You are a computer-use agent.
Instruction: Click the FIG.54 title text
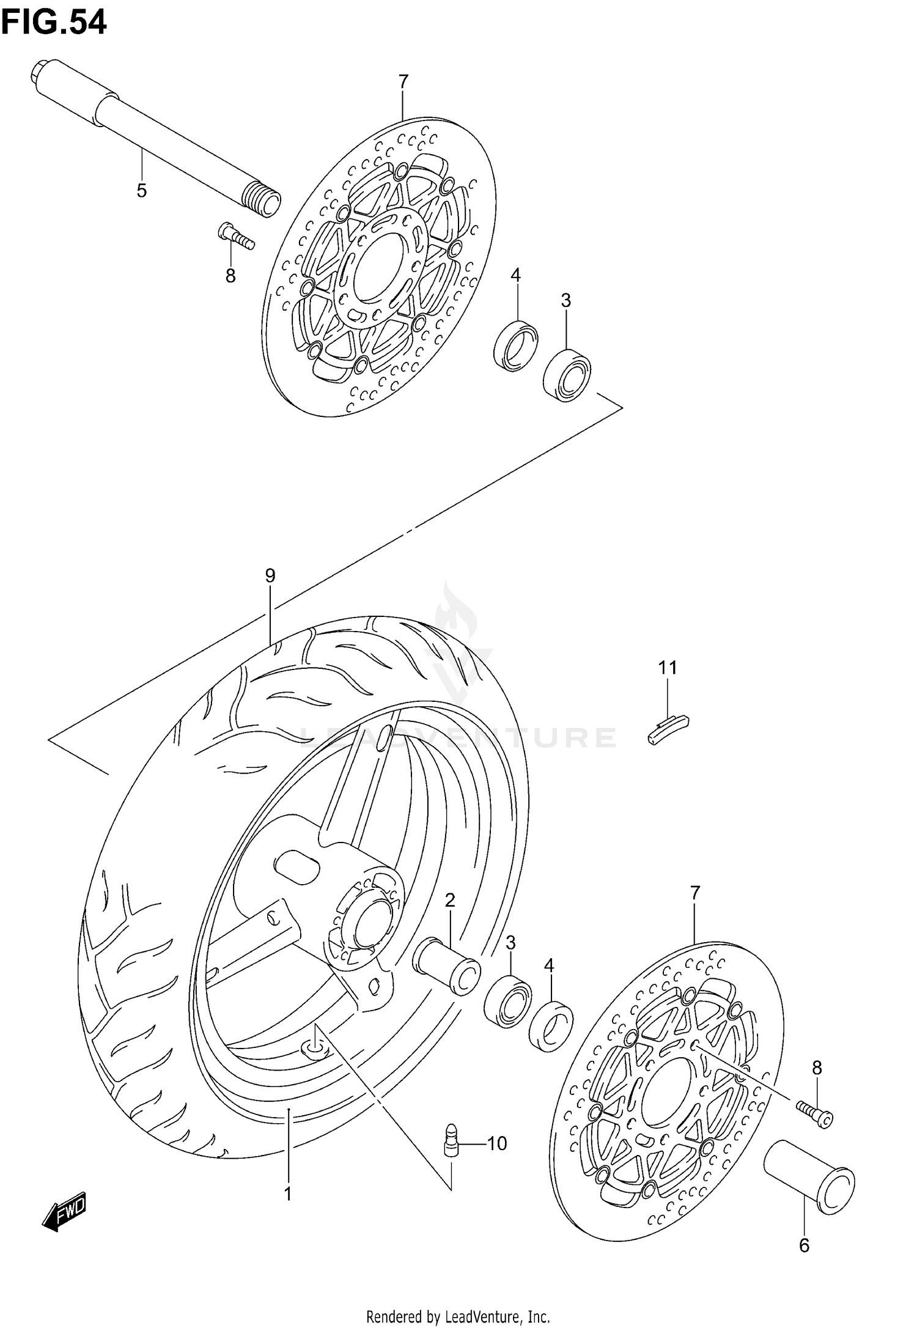(x=54, y=23)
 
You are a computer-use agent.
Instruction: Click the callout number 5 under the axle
(x=141, y=191)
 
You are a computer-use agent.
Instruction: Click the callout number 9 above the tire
(x=270, y=575)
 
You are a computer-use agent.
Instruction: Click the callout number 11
(x=668, y=667)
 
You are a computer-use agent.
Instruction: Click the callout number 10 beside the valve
(x=496, y=1143)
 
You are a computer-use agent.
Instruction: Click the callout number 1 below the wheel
(x=287, y=1193)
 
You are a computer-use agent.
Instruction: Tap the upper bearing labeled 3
(x=567, y=375)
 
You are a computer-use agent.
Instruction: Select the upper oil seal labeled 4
(x=516, y=346)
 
